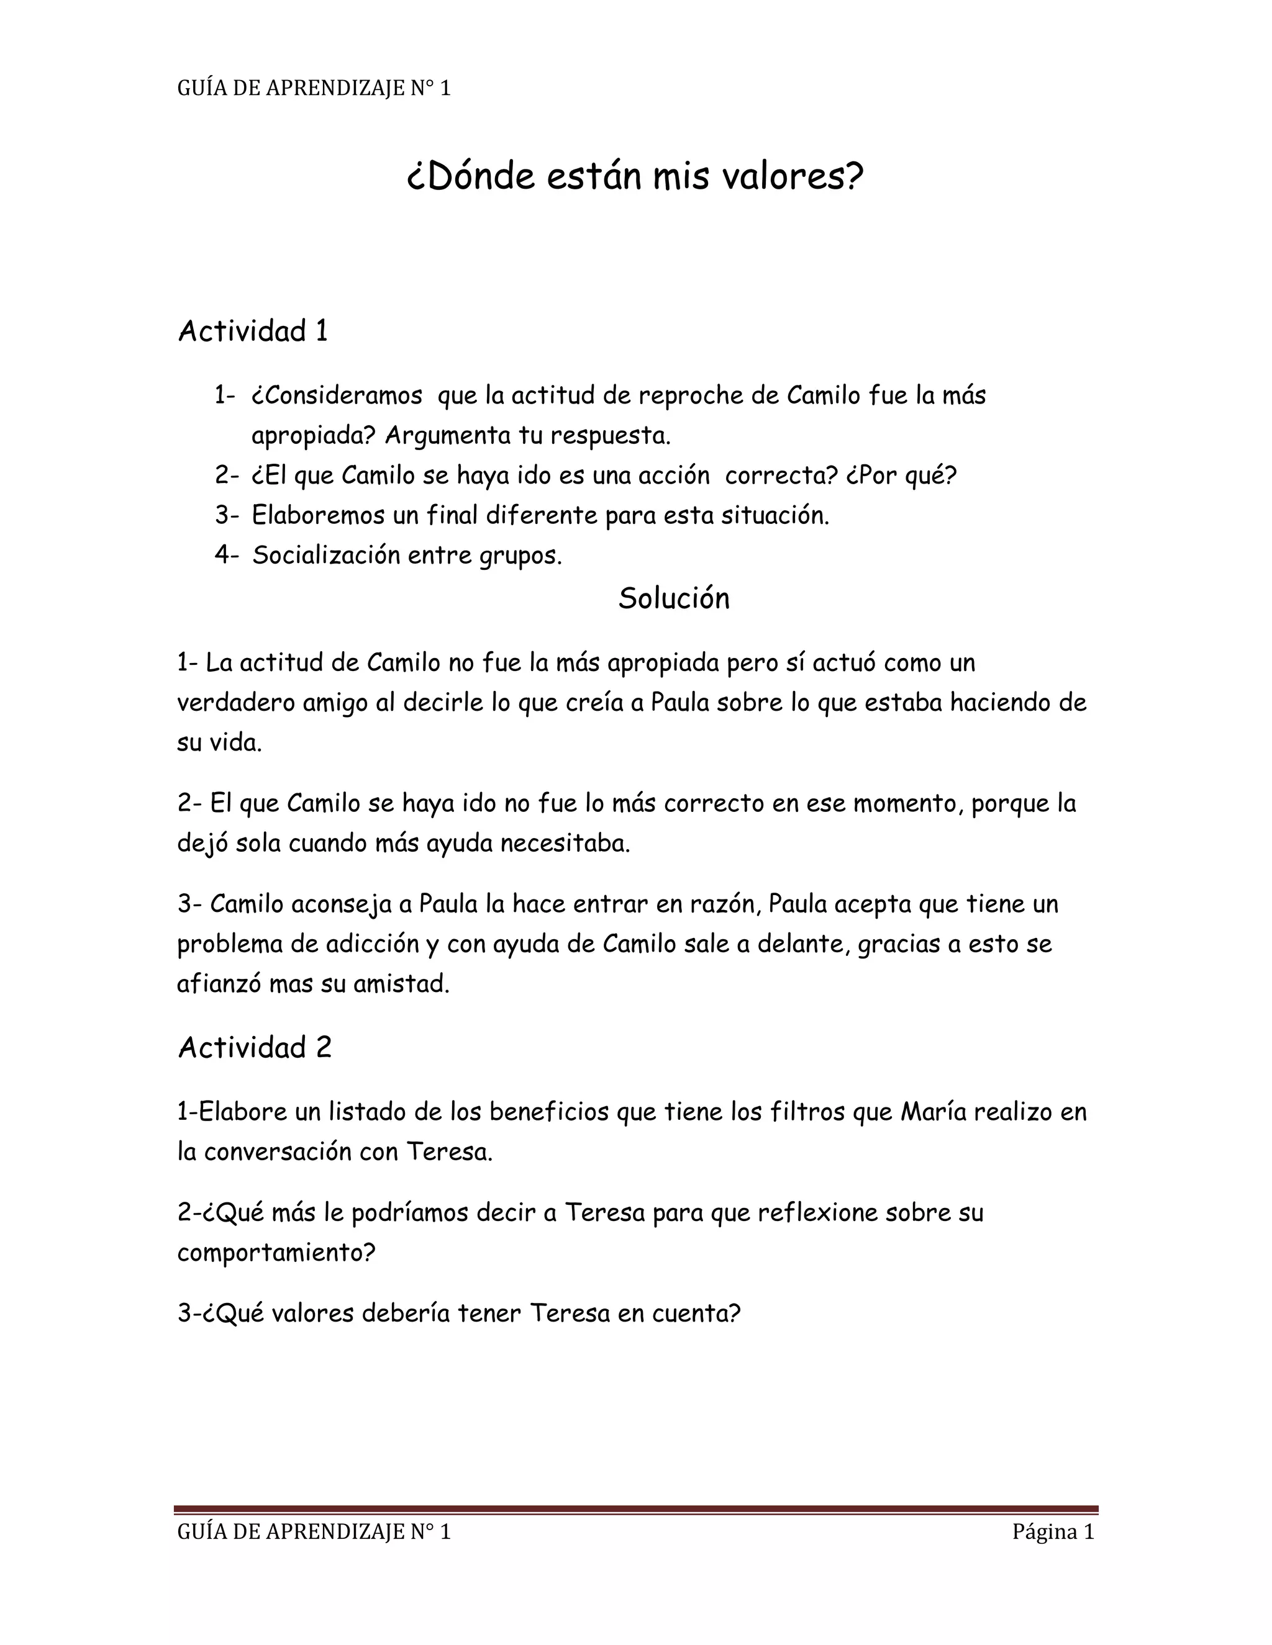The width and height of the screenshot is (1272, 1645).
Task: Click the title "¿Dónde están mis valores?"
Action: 635,177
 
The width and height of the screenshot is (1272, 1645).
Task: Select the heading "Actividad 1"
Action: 253,331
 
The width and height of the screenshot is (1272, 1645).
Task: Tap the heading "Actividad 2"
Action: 255,1048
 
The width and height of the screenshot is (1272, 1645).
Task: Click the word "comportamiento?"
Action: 276,1253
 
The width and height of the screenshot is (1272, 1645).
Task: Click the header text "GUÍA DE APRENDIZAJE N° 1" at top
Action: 314,89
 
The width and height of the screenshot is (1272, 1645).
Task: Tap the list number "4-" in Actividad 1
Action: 226,555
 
